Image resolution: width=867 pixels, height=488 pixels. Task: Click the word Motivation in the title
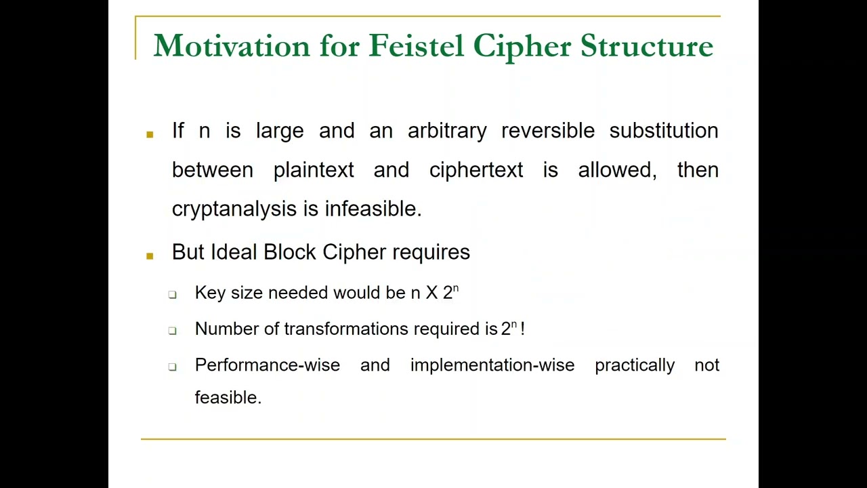[x=232, y=46]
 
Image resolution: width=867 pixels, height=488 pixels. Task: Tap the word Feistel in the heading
[x=416, y=46]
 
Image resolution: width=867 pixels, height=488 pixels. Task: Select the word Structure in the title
[x=646, y=46]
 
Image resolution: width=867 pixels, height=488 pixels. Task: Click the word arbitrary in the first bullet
[x=447, y=131]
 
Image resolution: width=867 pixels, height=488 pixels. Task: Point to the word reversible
[x=547, y=131]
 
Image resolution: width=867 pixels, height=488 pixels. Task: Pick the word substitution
[x=663, y=131]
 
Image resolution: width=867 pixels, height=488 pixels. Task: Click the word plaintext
[x=314, y=170]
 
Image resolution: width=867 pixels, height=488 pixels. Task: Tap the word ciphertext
[x=476, y=170]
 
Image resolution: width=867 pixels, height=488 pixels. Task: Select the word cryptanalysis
[x=234, y=209]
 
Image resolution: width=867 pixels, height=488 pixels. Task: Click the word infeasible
[x=373, y=209]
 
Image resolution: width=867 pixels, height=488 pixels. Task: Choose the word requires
[x=431, y=253]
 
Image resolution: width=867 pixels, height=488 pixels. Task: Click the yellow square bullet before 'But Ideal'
[x=150, y=256]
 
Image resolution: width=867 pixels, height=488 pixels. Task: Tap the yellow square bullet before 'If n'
[x=150, y=134]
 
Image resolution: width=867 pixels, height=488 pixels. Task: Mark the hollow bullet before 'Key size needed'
[x=173, y=295]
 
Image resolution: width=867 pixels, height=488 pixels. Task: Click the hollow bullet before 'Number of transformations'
[x=173, y=331]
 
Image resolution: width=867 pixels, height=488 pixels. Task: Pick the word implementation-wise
[x=492, y=365]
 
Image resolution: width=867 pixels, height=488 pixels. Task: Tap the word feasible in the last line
[x=228, y=398]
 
